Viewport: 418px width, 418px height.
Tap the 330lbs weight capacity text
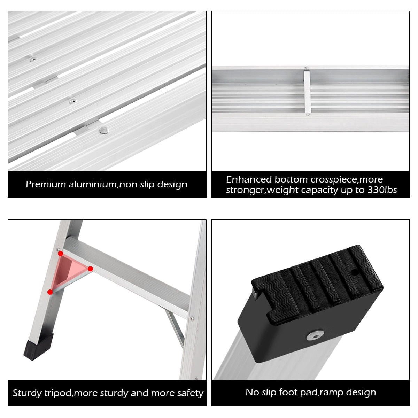click(x=382, y=190)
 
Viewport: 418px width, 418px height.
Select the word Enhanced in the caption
click(x=249, y=179)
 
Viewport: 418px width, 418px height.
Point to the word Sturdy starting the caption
click(x=28, y=393)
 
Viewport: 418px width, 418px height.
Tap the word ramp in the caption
click(x=332, y=393)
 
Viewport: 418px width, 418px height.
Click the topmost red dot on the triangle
click(x=60, y=253)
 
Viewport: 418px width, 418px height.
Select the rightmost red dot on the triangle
click(x=90, y=269)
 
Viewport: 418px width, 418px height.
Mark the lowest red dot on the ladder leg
click(x=50, y=292)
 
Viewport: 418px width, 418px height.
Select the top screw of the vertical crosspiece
click(x=306, y=68)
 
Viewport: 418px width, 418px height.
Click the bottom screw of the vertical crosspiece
click(x=307, y=114)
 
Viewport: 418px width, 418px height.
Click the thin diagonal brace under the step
click(x=176, y=328)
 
